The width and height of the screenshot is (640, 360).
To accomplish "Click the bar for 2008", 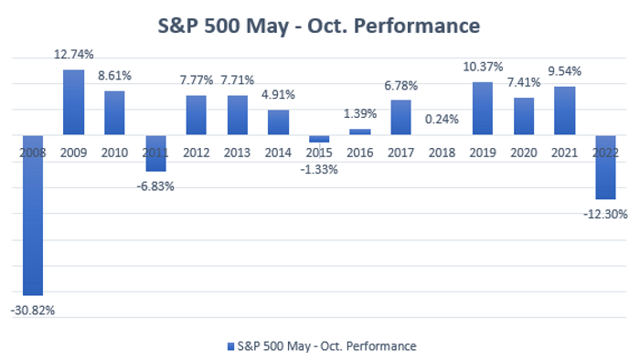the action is [33, 216].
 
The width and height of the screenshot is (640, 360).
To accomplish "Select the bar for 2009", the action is [73, 102].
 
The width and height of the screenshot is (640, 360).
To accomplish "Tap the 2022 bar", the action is [605, 167].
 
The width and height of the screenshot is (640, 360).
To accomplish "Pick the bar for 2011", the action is [155, 154].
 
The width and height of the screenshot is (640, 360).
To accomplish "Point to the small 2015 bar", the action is [319, 139].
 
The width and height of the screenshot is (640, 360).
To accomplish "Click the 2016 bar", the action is [360, 132].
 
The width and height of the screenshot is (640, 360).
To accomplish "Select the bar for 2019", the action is [483, 109].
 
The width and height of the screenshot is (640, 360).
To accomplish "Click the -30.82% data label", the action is [33, 311].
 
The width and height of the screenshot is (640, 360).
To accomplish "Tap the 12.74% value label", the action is [74, 54].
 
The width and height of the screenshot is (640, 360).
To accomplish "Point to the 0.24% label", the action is [442, 120].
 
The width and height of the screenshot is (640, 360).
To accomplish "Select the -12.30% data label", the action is [605, 214].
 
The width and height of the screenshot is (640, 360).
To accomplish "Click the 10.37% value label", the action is [483, 67].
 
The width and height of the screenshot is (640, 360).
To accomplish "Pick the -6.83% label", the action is [155, 186].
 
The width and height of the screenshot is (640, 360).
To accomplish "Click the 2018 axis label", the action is [442, 153].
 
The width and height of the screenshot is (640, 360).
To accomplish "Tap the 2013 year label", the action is [237, 153].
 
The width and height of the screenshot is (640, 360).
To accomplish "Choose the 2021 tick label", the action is [564, 153].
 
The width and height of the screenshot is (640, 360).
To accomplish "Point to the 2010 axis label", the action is [114, 153].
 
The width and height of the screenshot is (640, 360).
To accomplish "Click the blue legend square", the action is [230, 346].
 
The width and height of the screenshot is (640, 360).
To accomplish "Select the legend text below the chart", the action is [327, 346].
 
